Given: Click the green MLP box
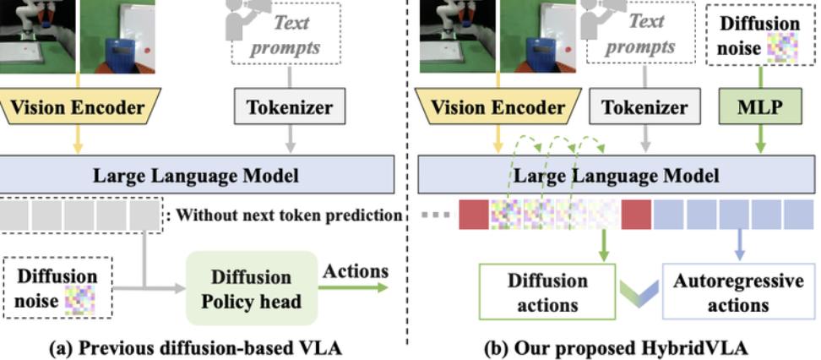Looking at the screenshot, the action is click(759, 106).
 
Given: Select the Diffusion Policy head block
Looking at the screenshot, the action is click(252, 287).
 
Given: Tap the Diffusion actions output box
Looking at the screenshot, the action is click(547, 292).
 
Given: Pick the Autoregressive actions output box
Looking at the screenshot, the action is click(738, 292).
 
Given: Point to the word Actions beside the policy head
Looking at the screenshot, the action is click(356, 271).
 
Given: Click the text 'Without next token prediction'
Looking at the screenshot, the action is click(289, 215).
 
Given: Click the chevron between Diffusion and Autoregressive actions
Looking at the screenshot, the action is click(639, 293).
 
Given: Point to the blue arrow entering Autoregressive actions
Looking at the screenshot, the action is click(739, 245).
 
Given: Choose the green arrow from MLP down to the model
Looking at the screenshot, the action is click(759, 139).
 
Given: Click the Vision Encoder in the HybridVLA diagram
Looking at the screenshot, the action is click(498, 106).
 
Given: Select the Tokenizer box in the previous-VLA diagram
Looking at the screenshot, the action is click(290, 106).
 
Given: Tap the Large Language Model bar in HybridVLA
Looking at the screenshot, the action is click(616, 175).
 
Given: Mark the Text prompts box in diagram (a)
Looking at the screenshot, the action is click(285, 34).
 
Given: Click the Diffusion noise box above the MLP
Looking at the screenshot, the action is click(759, 34).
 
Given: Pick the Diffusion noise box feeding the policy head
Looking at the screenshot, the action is click(57, 287).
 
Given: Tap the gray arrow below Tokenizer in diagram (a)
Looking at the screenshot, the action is click(290, 139).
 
